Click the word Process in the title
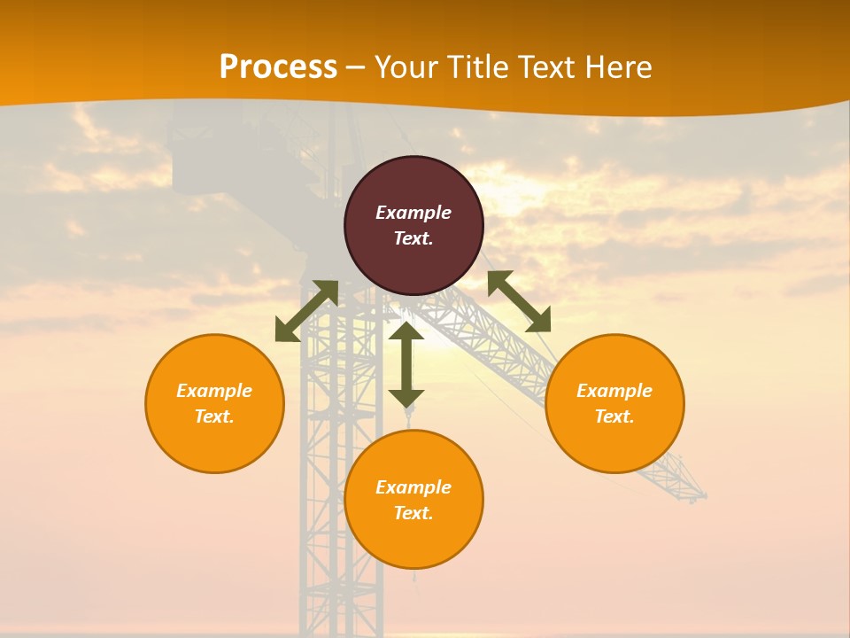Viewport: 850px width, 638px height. [278, 67]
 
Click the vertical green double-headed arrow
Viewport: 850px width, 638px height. [406, 364]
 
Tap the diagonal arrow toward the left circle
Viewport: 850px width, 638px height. [306, 311]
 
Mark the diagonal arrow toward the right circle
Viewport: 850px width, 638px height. [520, 301]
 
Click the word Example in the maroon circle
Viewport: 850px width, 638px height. [413, 213]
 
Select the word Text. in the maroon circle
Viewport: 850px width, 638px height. [413, 238]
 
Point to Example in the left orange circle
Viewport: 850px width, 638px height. [214, 391]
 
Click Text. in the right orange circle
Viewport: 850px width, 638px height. [614, 416]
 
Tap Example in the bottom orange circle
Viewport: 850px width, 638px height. [413, 487]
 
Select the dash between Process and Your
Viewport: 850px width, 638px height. [356, 68]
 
